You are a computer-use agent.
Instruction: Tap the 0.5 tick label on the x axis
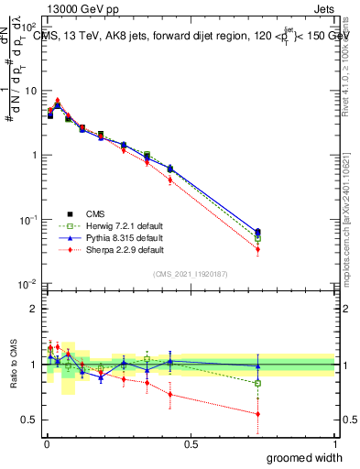(x=191, y=443)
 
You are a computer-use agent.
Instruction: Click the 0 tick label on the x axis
(x=46, y=443)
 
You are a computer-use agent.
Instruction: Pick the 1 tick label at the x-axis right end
(x=334, y=443)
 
